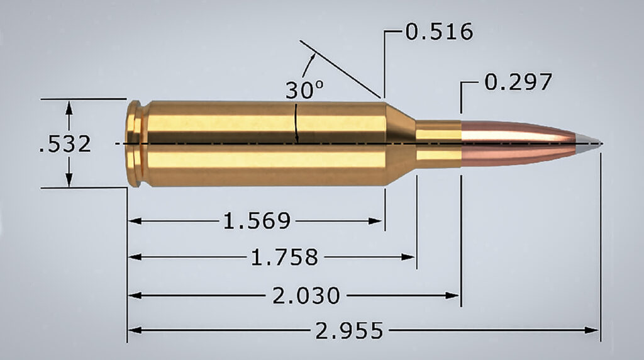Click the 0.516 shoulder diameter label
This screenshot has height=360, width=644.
tap(439, 31)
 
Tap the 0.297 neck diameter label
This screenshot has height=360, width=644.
tap(518, 82)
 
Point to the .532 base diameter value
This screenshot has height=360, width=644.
tap(65, 144)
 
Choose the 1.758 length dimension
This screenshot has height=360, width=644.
tap(284, 257)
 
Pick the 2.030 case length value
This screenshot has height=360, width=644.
tap(306, 295)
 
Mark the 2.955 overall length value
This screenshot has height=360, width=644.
tap(349, 330)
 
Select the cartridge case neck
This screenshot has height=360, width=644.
tap(438, 143)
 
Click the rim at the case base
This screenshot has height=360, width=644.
tap(132, 143)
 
